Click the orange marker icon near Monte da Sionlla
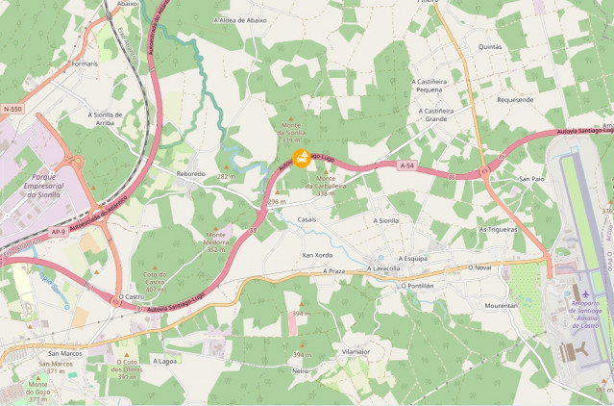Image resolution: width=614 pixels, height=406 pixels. click(301, 158)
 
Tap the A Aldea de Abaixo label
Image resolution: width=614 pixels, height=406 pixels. click(240, 19)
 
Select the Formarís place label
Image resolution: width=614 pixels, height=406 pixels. click(85, 63)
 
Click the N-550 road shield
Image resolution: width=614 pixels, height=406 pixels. click(12, 110)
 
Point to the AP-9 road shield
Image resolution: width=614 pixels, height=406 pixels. click(59, 232)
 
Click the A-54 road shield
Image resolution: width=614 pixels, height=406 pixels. click(406, 165)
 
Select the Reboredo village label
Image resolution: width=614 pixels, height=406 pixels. click(190, 173)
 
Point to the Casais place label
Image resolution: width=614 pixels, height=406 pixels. click(307, 219)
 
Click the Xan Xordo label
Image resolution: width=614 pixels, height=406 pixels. click(316, 254)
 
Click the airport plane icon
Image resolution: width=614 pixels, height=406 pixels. click(586, 292)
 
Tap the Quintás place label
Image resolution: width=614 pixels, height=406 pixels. click(490, 45)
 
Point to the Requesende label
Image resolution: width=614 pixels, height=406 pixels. click(515, 99)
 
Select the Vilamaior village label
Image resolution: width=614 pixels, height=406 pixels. click(355, 352)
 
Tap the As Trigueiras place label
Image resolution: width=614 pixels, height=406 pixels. click(498, 230)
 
